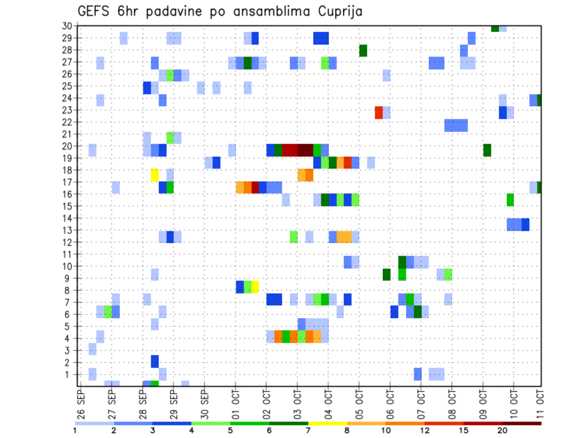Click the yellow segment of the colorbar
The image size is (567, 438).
click(x=327, y=423)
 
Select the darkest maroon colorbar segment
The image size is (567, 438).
click(x=522, y=423)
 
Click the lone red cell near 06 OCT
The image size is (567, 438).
click(x=379, y=112)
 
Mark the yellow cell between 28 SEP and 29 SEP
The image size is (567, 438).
click(x=155, y=175)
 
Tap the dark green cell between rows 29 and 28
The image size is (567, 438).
click(x=363, y=51)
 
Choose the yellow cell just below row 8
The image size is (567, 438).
click(x=255, y=287)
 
